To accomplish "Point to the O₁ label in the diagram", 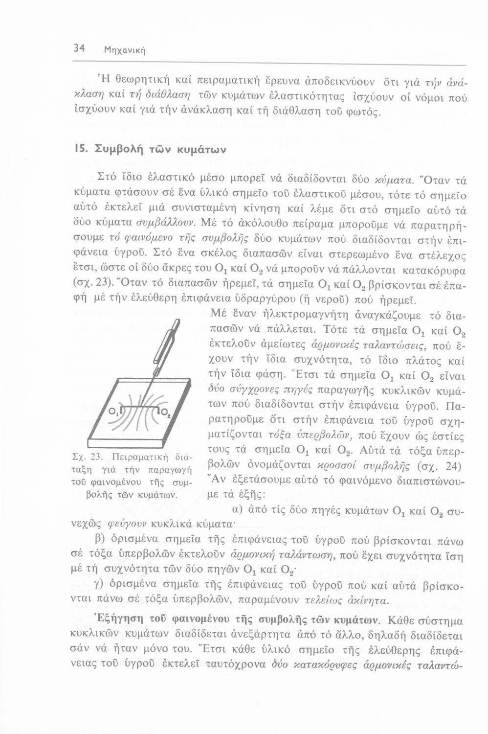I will coord(112,410).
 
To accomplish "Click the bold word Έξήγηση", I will coord(120,619).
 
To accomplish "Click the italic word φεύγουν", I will coord(116,527).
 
